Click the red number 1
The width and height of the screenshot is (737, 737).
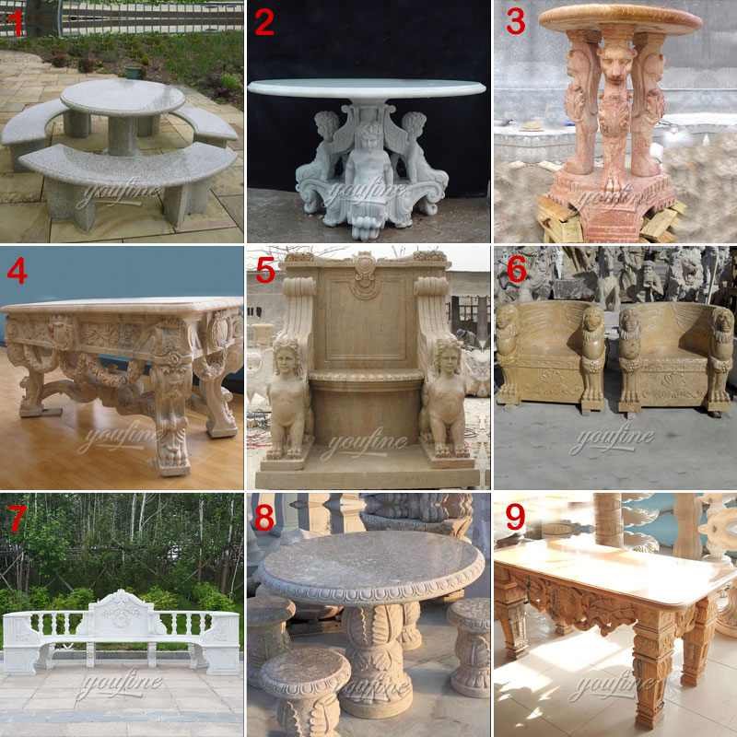(x=18, y=25)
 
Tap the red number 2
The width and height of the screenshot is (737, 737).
(x=264, y=22)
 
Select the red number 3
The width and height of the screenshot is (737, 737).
(x=516, y=21)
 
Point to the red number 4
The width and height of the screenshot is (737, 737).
(x=17, y=271)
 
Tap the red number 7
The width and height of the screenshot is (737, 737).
(x=18, y=519)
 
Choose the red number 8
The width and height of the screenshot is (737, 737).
(x=264, y=518)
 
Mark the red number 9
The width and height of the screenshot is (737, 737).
(x=515, y=518)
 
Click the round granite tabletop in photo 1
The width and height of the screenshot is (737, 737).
(x=123, y=97)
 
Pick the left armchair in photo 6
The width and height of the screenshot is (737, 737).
(x=551, y=357)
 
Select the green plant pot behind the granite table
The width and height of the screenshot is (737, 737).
(x=134, y=72)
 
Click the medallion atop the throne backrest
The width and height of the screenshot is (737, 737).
(x=365, y=275)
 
